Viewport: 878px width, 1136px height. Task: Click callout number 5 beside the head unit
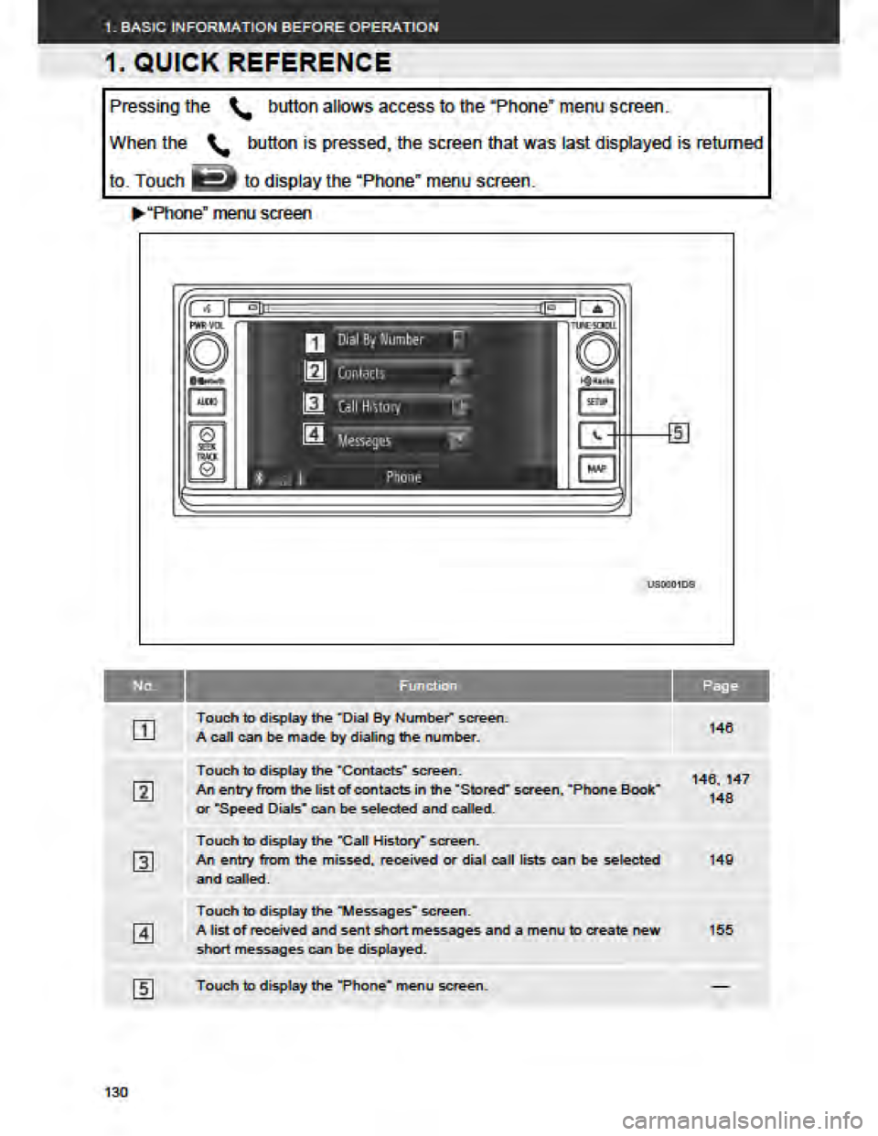pyautogui.click(x=679, y=434)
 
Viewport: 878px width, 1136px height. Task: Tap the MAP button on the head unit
pyautogui.click(x=596, y=469)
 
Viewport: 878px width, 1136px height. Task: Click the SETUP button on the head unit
pyautogui.click(x=596, y=402)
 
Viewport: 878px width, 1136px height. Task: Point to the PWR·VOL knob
pyautogui.click(x=207, y=352)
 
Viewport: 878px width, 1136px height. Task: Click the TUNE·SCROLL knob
pyautogui.click(x=596, y=352)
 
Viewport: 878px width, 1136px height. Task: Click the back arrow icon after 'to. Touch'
pyautogui.click(x=214, y=179)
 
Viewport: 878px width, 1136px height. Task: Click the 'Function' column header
pyautogui.click(x=428, y=686)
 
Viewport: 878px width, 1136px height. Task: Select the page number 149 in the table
pyautogui.click(x=721, y=860)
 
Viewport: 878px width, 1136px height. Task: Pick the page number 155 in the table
pyautogui.click(x=721, y=930)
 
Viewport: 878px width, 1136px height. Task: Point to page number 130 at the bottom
pyautogui.click(x=116, y=1092)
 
